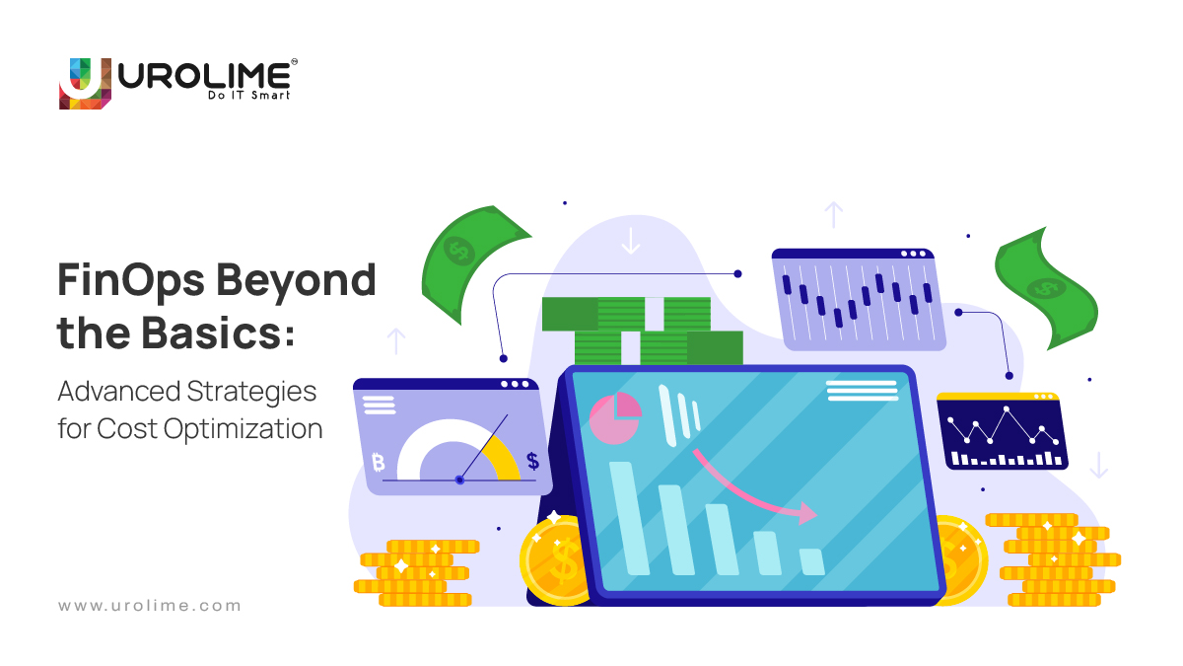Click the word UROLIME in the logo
(x=203, y=75)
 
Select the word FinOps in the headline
(x=128, y=281)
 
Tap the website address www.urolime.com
(x=149, y=606)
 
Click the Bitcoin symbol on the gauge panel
(x=378, y=461)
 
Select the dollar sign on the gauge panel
(x=532, y=461)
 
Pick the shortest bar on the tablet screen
(x=811, y=561)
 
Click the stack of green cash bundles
(x=641, y=331)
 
